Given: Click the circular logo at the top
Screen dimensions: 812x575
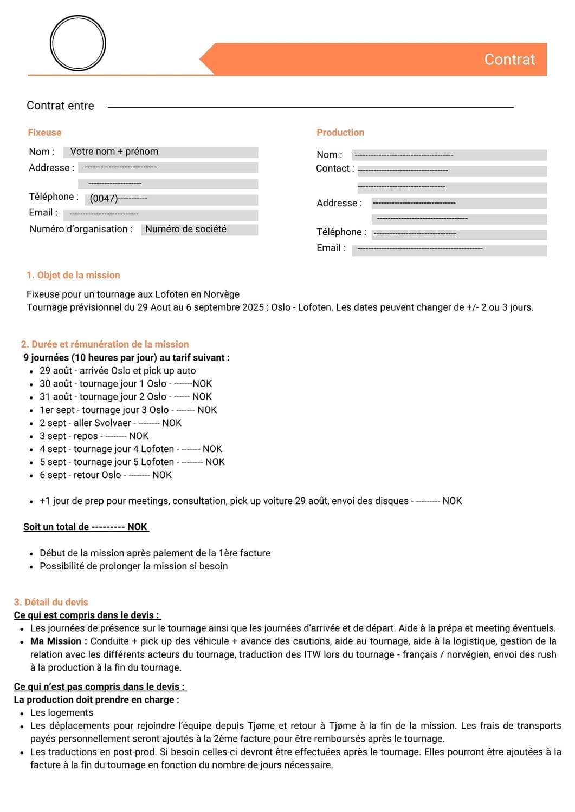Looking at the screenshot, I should [x=77, y=43].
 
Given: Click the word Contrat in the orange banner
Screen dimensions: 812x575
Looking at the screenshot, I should [x=509, y=60].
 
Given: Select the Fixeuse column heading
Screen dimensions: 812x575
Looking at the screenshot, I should [x=44, y=133].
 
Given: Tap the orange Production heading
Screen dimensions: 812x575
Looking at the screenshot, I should [x=340, y=133].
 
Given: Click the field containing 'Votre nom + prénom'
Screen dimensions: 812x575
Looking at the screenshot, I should [x=160, y=152].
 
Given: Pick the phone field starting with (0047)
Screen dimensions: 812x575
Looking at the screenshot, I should [x=171, y=199].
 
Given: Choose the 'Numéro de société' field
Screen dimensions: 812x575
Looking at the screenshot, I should [x=199, y=230].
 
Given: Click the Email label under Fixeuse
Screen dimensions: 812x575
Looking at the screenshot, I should [x=43, y=213].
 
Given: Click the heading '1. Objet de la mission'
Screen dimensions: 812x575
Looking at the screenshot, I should [x=73, y=275].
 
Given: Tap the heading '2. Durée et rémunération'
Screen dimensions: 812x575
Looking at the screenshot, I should [x=105, y=344].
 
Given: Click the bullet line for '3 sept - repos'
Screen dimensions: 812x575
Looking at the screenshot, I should [x=94, y=436].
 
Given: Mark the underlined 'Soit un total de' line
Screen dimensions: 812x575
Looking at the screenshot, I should [x=85, y=527].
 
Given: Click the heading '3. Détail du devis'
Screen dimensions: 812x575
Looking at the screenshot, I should [x=51, y=602].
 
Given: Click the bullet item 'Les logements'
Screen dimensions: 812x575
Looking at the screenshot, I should [x=61, y=713].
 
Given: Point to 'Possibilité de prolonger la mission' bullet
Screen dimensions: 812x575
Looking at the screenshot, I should [x=133, y=566].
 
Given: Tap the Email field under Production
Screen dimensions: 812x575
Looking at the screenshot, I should [x=449, y=250].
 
